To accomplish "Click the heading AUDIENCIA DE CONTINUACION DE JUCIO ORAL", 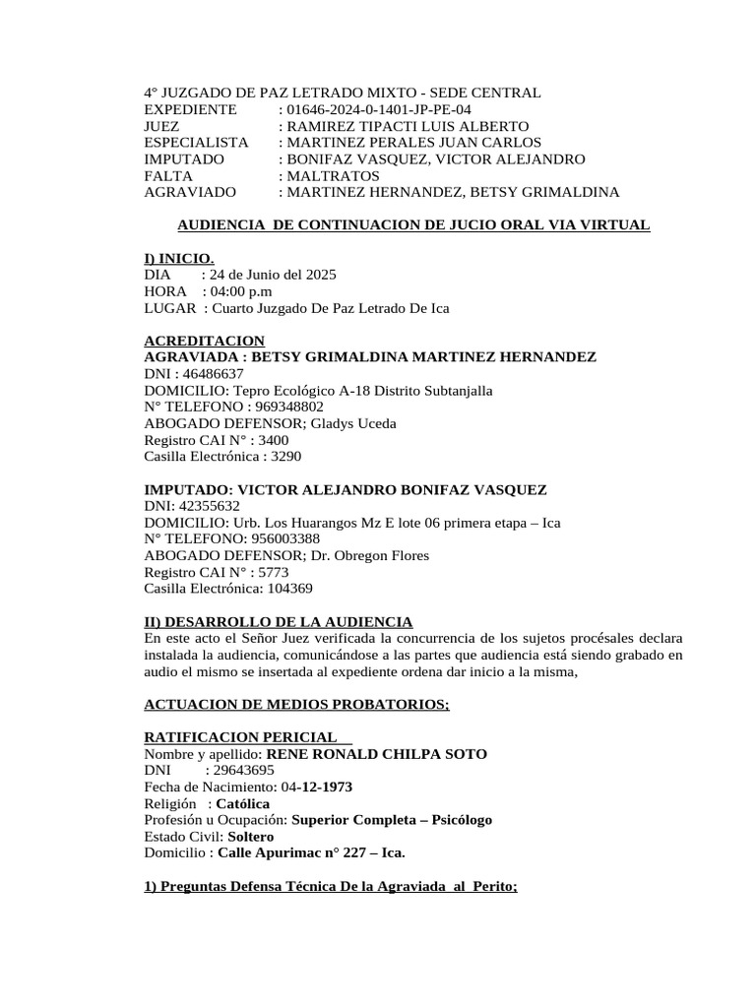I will [x=397, y=225].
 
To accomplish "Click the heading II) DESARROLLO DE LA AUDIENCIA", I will [x=278, y=622].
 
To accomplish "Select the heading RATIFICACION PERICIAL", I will [x=241, y=737].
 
